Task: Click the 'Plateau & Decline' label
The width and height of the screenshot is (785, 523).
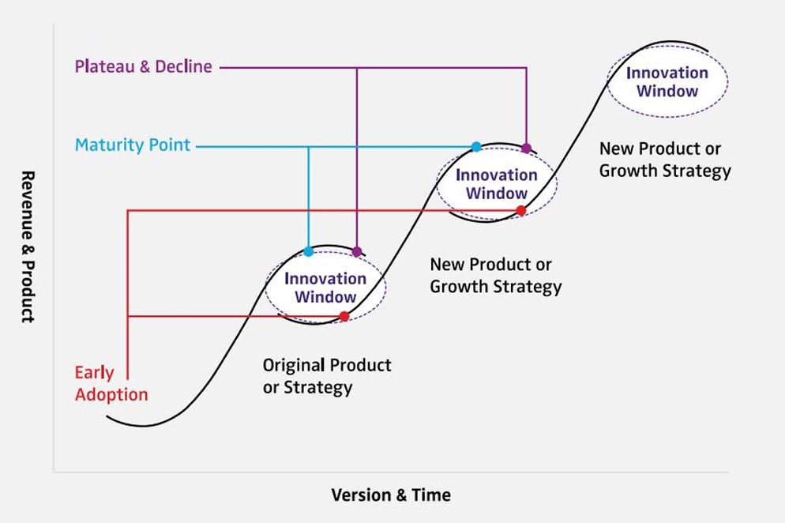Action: [143, 66]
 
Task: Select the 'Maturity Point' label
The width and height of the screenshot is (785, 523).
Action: [133, 145]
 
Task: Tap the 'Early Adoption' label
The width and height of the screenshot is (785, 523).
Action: [111, 384]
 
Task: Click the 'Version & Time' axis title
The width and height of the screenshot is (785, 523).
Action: [391, 495]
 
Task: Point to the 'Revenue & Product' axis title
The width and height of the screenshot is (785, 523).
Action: [28, 246]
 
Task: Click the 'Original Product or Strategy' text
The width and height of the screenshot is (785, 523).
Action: [327, 376]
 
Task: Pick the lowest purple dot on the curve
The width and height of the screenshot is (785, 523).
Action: [356, 251]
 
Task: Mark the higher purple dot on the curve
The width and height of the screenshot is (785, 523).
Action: [526, 148]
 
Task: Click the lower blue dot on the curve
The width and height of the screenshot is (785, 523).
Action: [308, 251]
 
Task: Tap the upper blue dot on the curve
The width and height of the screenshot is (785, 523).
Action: [477, 147]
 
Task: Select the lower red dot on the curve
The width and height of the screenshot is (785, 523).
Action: [344, 316]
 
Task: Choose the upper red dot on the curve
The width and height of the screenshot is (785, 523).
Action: [521, 211]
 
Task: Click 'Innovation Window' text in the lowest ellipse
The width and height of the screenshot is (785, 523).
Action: [325, 288]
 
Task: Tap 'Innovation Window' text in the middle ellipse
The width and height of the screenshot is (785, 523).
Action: [497, 184]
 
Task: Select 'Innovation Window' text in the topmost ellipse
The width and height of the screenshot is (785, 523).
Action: [667, 81]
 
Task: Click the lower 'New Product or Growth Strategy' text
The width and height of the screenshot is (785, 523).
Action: [496, 276]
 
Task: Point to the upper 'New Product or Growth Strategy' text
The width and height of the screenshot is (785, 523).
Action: [665, 160]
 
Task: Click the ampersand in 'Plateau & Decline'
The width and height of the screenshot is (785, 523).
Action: [145, 66]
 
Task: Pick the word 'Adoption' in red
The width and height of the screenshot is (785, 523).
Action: [111, 395]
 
